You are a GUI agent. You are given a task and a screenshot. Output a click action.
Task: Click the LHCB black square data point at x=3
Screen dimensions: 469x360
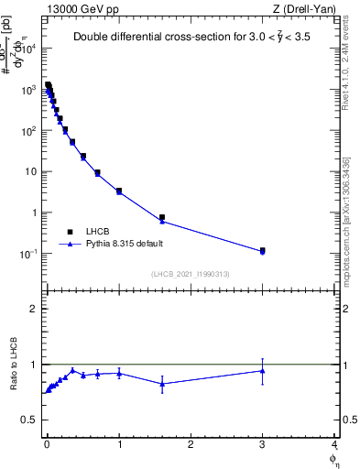[263, 250]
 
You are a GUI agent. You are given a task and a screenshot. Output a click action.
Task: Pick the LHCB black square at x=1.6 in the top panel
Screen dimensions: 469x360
[162, 218]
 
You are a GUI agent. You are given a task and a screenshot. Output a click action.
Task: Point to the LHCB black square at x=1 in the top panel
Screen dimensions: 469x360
[119, 191]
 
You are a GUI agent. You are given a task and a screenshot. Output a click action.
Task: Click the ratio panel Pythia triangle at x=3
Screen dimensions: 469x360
[263, 371]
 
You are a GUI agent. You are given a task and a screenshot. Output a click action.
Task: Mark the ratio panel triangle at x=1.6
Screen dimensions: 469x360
[162, 384]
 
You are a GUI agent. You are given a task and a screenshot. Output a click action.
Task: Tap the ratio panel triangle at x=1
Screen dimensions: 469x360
[119, 373]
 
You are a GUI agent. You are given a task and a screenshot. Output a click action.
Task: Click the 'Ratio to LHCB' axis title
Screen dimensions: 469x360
[13, 365]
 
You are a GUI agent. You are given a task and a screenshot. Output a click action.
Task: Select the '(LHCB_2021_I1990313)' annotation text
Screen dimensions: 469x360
[190, 275]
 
